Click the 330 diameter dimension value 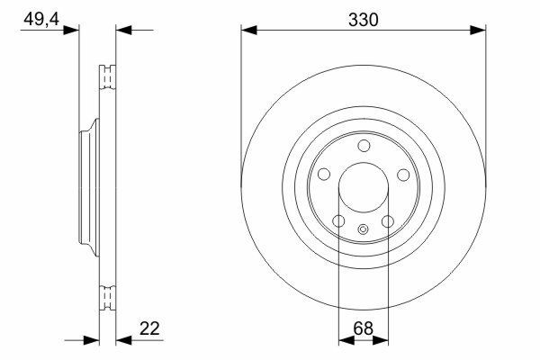(x=363, y=20)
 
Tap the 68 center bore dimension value (x=363, y=328)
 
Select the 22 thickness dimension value (x=149, y=328)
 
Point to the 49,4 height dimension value (x=41, y=19)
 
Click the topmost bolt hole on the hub (x=364, y=146)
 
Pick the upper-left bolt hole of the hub (x=324, y=175)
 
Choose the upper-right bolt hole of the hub (x=403, y=175)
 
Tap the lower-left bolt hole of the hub (x=339, y=221)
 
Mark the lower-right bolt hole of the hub (x=388, y=221)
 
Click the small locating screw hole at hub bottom (x=364, y=229)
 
